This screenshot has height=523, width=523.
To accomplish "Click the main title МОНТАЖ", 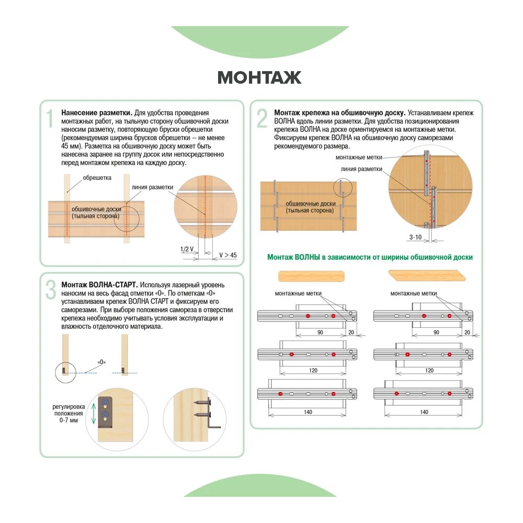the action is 259,77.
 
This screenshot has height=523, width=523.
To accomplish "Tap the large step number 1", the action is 50,119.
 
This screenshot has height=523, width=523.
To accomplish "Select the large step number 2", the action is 262,119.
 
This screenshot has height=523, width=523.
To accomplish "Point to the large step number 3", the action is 51,290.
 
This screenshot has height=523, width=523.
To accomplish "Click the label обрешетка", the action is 97,178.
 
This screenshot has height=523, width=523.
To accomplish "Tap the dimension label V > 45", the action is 228,255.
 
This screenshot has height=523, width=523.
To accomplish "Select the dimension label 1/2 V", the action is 187,249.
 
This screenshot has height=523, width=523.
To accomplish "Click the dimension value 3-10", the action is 415,237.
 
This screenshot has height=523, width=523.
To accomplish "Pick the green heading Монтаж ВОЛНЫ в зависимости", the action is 370,257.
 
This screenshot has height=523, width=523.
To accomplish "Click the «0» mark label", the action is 102,362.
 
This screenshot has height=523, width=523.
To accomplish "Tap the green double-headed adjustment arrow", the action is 94,413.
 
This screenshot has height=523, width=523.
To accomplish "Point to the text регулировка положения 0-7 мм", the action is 69,414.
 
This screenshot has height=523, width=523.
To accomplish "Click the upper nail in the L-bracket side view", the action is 202,403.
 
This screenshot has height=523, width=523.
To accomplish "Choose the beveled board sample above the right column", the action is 427,276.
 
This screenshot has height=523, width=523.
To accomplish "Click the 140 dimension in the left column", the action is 308,412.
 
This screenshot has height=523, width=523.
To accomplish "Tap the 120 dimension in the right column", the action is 429,370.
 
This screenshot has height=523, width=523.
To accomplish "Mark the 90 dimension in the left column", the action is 320,332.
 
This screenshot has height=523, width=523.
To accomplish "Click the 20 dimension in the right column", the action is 467,332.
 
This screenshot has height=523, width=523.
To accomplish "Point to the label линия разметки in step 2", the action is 361,169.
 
